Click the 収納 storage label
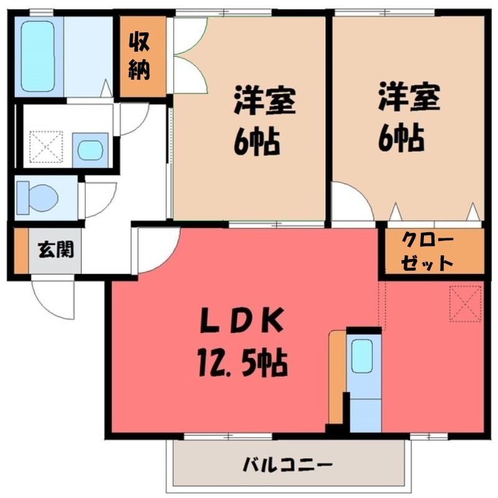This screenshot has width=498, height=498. (x=139, y=56)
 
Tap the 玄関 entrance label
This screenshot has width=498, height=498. (x=56, y=250)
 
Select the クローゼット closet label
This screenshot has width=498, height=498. (x=428, y=251)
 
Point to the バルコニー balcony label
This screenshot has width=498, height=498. (x=288, y=464)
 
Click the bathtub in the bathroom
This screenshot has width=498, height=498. (x=38, y=56)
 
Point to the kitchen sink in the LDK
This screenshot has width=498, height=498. (x=362, y=357)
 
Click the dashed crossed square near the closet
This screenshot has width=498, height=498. (x=465, y=303)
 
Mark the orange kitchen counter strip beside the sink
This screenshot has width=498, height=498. (x=337, y=380)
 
